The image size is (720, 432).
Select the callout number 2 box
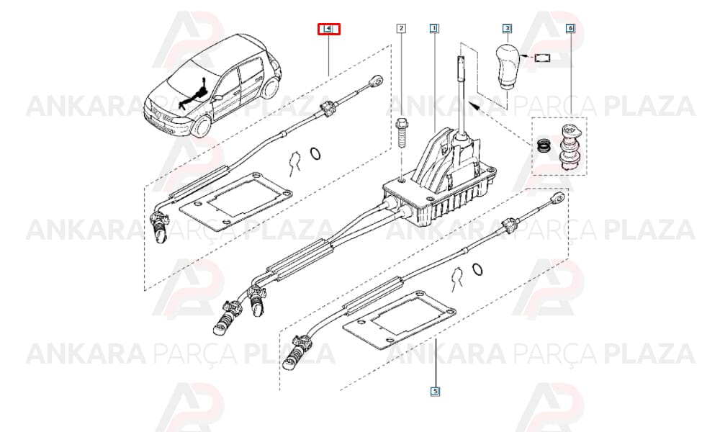click(401, 29)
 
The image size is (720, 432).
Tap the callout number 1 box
click(434, 29)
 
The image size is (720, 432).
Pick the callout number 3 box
click(507, 29)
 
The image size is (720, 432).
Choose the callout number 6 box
click(570, 29)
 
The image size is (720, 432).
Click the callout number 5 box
click(435, 392)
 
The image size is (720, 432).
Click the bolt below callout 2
click(401, 132)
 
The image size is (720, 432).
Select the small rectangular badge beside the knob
click(543, 58)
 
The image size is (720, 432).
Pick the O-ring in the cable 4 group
click(315, 154)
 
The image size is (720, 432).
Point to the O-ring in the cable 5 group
click(477, 269)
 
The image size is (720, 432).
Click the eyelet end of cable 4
click(377, 81)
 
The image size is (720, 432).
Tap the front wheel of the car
click(202, 125)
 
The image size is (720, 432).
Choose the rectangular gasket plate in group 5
click(400, 318)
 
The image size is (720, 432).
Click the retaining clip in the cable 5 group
click(457, 278)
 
